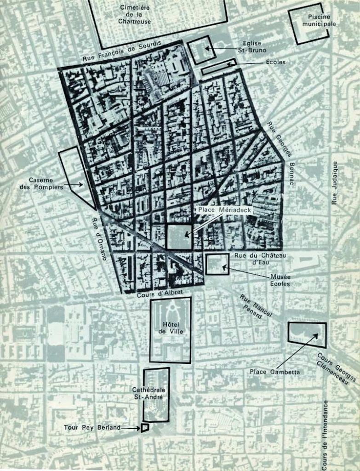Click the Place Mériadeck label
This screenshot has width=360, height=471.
(x=223, y=209)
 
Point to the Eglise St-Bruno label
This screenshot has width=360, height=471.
(x=250, y=47)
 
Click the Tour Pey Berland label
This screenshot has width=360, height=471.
(x=92, y=427)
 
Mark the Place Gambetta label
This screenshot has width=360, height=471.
(x=275, y=372)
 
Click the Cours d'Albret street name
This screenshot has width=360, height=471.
(x=154, y=293)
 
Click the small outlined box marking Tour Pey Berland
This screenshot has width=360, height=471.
(x=145, y=428)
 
